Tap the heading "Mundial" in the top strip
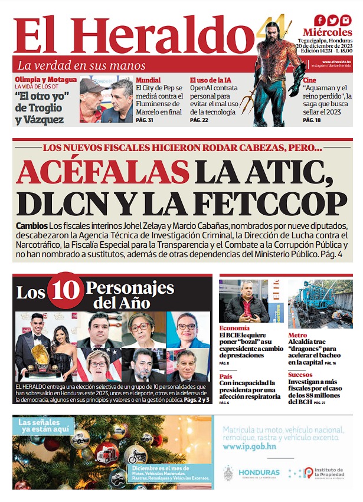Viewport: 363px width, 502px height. [148, 80]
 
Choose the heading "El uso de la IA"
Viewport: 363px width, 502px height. [211, 80]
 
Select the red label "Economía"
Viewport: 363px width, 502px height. [234, 328]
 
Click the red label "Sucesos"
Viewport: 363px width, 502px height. [301, 375]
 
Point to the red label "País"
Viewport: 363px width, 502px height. [225, 375]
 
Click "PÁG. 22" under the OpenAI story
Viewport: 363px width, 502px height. [199, 120]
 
